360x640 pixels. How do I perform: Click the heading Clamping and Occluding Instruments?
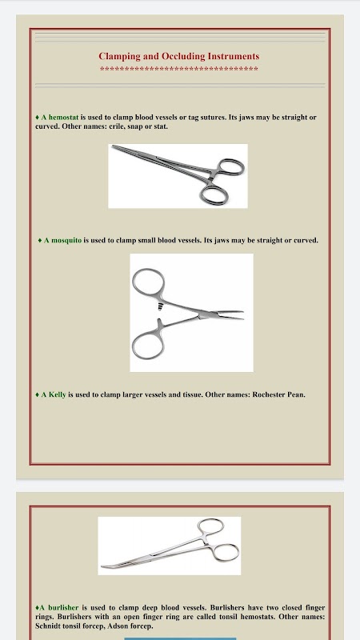[x=178, y=56]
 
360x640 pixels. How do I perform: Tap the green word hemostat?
[x=63, y=118]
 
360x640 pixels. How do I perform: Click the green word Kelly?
[x=57, y=394]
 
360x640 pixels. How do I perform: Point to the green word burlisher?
[x=63, y=608]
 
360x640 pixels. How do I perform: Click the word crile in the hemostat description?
[x=117, y=126]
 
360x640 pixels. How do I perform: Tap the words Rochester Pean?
[x=278, y=394]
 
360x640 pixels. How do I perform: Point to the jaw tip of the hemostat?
[x=114, y=147]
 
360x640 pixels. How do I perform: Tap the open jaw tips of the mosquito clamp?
[x=241, y=315]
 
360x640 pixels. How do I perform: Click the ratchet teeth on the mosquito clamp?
[x=159, y=306]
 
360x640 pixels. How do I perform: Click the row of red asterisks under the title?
[x=178, y=70]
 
